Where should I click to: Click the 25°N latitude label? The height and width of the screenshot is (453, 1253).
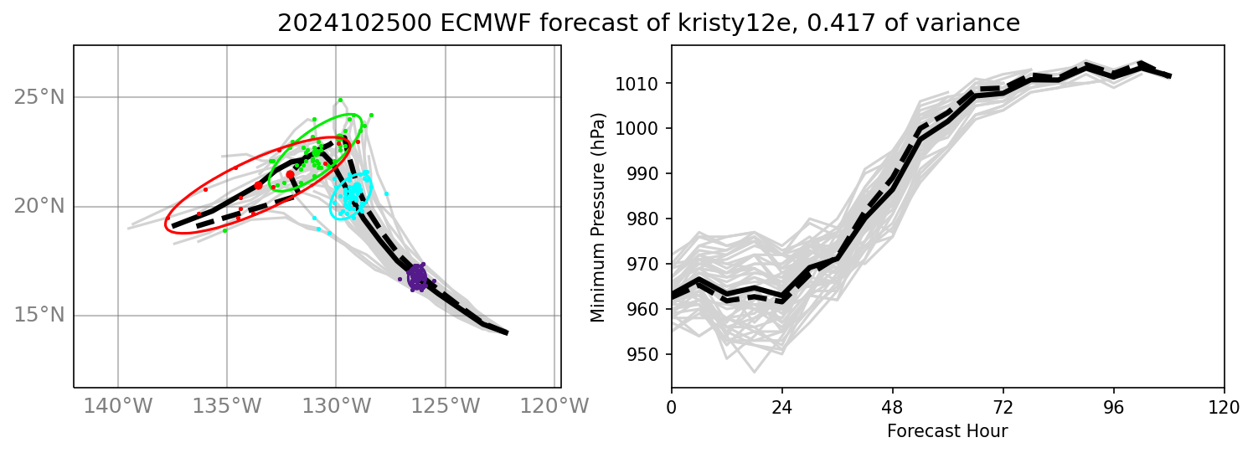pyautogui.click(x=39, y=97)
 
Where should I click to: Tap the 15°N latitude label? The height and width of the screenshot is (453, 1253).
pyautogui.click(x=39, y=316)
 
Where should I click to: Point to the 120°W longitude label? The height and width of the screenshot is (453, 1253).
pyautogui.click(x=554, y=406)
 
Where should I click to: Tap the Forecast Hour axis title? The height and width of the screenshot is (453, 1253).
pyautogui.click(x=947, y=431)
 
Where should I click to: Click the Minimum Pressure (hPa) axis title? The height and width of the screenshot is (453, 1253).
pyautogui.click(x=598, y=216)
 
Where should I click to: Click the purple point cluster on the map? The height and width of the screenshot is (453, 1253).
pyautogui.click(x=417, y=276)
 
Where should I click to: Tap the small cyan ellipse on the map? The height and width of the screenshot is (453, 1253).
pyautogui.click(x=350, y=198)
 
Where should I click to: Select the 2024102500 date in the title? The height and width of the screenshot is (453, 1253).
pyautogui.click(x=334, y=23)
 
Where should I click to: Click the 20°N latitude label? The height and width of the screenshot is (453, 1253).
pyautogui.click(x=39, y=206)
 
